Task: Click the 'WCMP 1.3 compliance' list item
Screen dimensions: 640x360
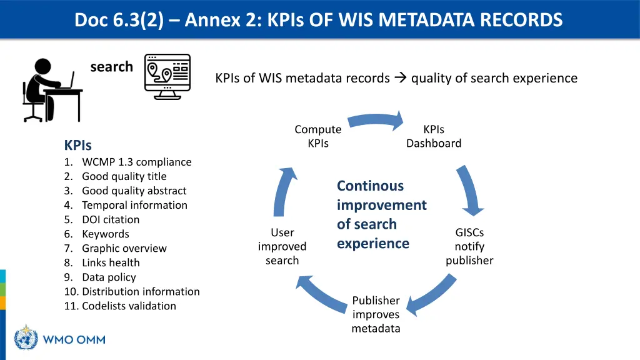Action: [136, 162]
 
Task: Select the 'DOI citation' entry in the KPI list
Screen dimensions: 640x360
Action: [111, 219]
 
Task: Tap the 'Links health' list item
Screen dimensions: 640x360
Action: [111, 262]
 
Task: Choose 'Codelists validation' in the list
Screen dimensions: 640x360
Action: [129, 306]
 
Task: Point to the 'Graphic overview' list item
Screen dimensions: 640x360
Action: [124, 248]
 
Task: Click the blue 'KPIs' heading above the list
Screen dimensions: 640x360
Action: [77, 146]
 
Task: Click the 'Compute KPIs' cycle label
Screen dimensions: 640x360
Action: [318, 136]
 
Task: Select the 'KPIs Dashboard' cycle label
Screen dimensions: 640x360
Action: [434, 136]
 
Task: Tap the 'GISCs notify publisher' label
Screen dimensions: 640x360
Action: [469, 246]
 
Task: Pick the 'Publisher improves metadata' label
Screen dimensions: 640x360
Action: [376, 314]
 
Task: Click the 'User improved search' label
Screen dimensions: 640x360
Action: [282, 246]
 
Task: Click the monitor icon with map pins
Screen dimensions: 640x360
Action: [167, 76]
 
